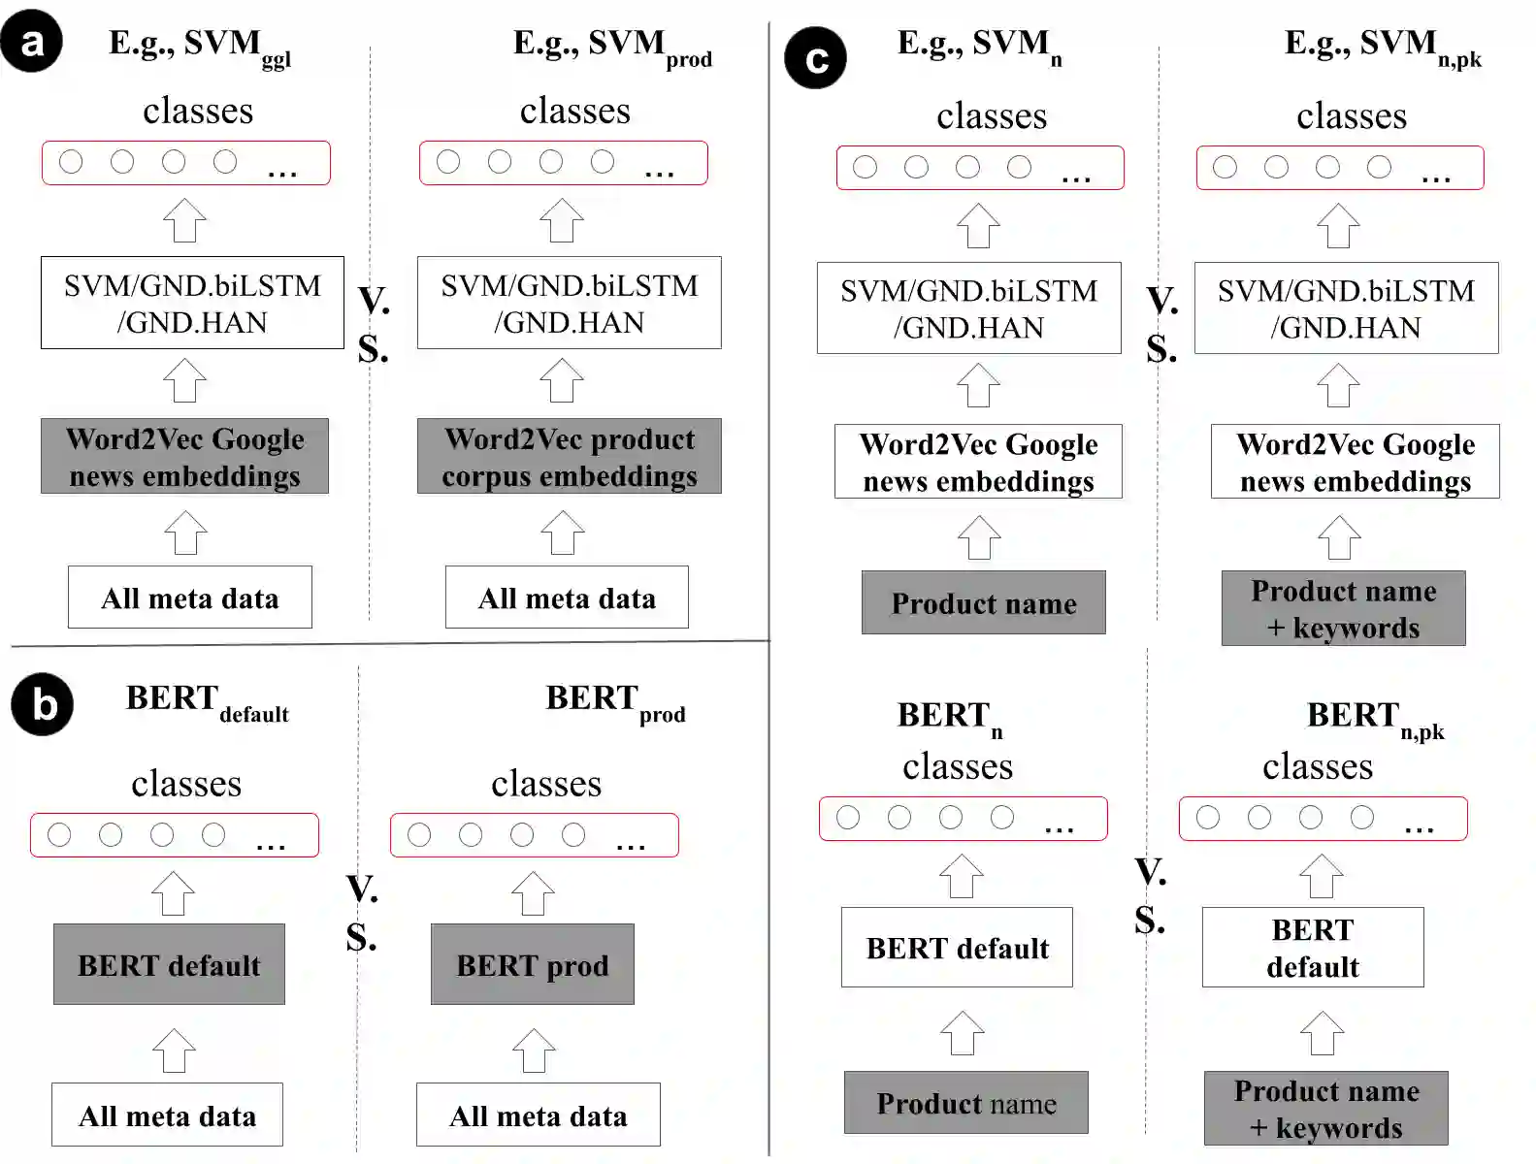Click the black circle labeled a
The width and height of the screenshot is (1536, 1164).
(32, 42)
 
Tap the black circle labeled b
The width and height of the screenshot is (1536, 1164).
(43, 704)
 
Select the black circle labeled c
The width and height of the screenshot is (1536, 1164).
(815, 58)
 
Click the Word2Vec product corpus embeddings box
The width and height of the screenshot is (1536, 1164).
(569, 457)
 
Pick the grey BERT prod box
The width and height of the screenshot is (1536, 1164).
(532, 964)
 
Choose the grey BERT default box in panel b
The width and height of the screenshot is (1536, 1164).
(169, 964)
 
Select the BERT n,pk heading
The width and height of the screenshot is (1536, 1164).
(1374, 719)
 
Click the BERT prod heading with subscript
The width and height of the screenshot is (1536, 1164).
(614, 701)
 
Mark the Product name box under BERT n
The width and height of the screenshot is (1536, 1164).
(965, 1103)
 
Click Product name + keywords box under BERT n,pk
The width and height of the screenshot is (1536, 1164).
(1325, 1109)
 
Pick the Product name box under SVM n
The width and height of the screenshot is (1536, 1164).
(983, 602)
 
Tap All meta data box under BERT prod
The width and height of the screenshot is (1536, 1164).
(538, 1115)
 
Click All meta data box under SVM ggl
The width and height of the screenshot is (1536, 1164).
(189, 598)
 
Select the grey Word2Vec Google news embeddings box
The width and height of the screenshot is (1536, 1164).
(184, 457)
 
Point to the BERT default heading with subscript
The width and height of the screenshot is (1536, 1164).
(207, 701)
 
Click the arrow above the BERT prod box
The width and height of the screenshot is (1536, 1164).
(533, 893)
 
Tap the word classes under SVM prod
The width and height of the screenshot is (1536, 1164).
(574, 111)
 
